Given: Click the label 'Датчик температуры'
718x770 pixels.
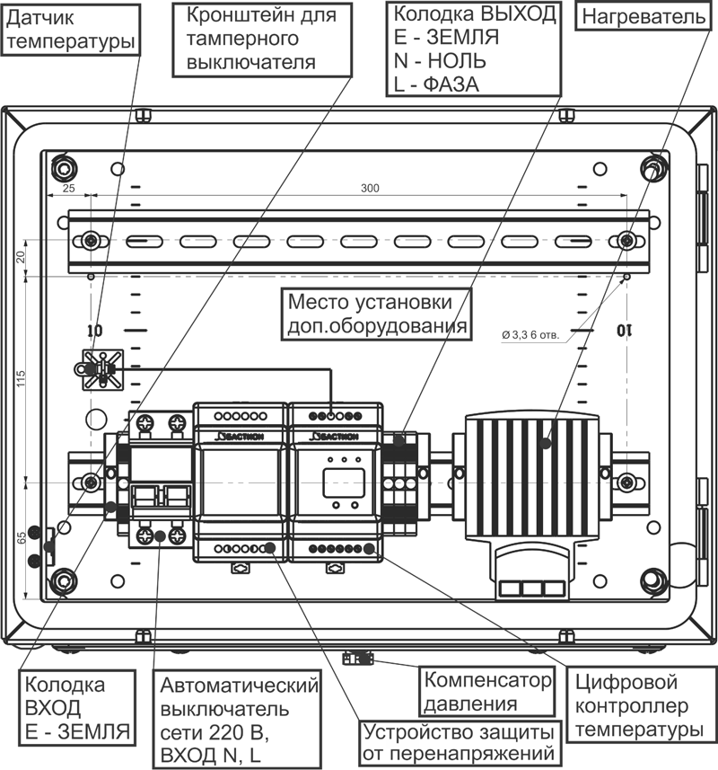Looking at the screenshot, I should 70,29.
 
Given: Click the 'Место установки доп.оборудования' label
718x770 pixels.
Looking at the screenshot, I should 376,312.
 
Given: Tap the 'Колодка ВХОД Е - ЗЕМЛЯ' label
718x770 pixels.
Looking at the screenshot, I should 75,706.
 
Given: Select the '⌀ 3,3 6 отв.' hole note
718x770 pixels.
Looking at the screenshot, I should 530,334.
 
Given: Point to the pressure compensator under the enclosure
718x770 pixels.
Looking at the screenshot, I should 356,659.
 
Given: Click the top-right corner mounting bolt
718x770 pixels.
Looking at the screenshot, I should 653,167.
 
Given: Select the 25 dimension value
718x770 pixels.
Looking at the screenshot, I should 69,189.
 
